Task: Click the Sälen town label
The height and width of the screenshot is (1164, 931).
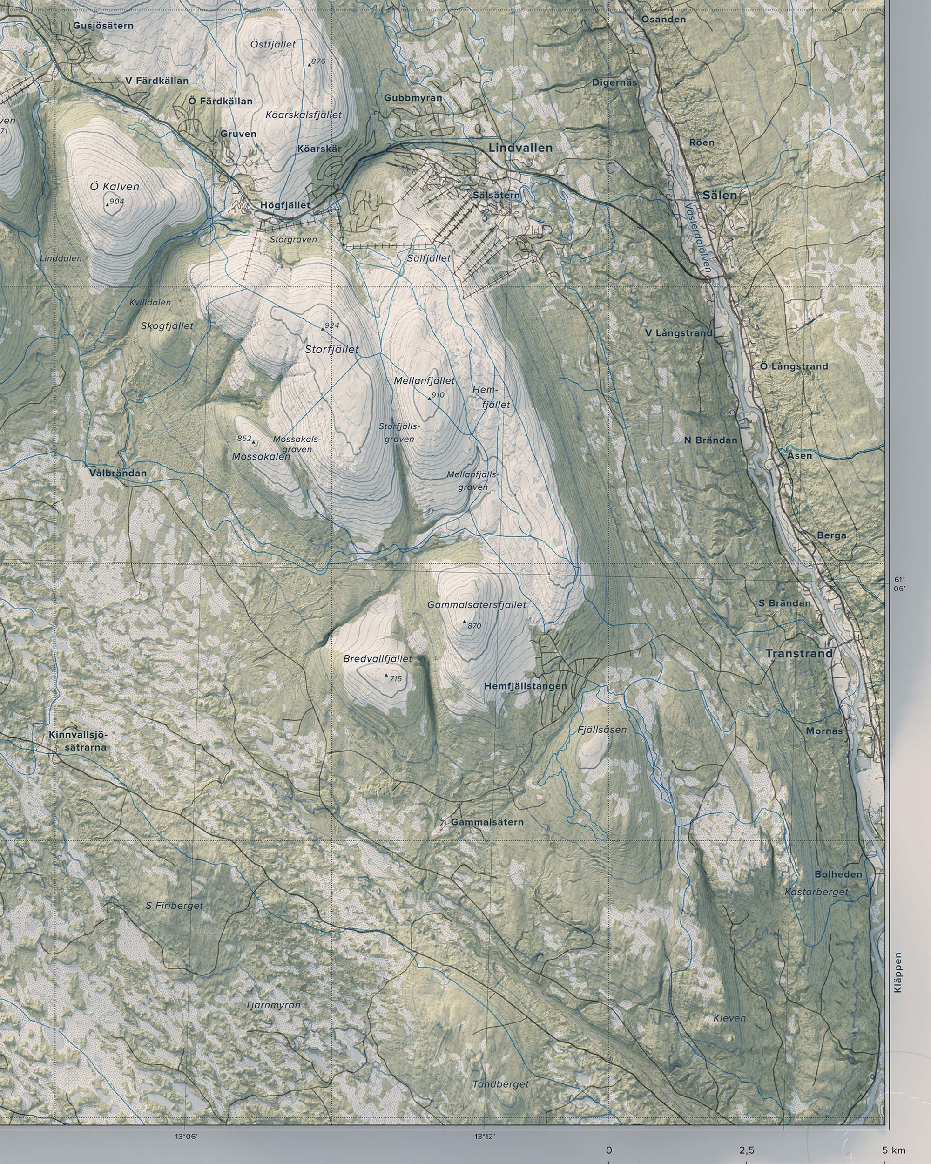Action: pos(720,196)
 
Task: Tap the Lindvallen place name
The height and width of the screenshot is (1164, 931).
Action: pos(520,148)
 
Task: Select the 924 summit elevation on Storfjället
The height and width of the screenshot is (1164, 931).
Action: pos(331,325)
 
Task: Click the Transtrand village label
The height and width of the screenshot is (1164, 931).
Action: pos(799,654)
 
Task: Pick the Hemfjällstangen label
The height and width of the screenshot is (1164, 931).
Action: pos(526,686)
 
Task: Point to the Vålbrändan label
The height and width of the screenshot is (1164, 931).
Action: pos(119,473)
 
